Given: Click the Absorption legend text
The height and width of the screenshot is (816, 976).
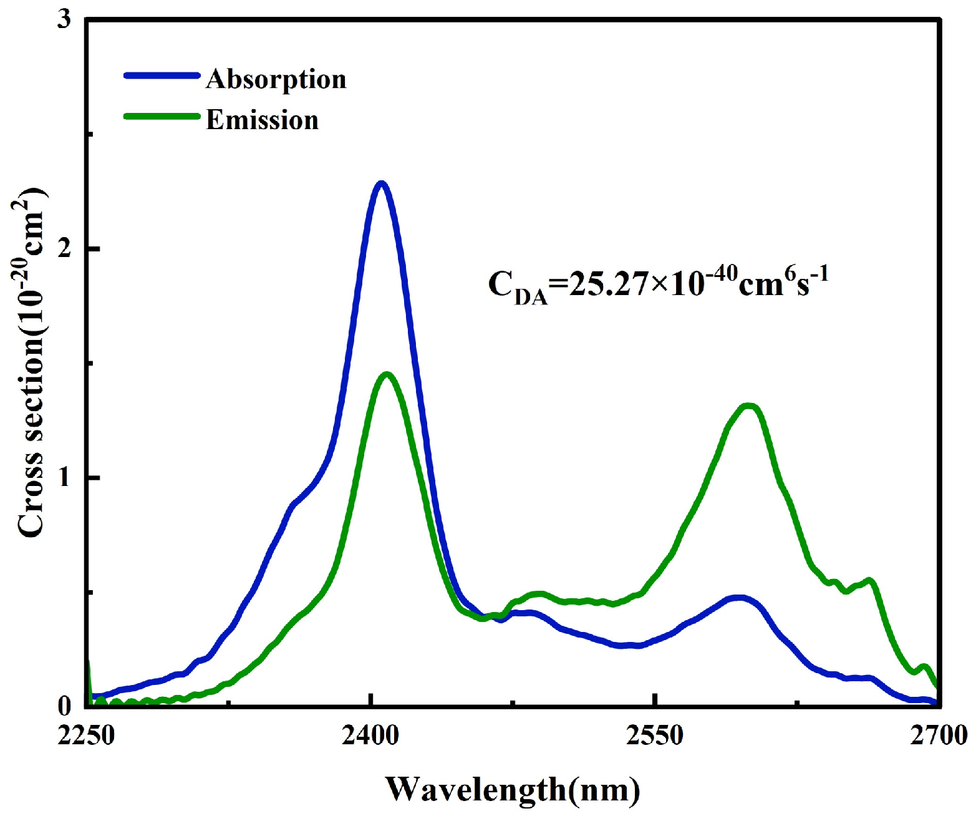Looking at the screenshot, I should pos(276,80).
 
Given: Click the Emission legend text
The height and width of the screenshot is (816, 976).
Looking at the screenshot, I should pos(262,120).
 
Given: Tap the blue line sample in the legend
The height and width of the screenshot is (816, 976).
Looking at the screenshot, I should pos(162,75).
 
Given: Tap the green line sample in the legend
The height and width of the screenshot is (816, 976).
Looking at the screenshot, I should pos(162,116).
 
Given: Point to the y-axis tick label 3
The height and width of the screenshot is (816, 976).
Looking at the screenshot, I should pos(64,20).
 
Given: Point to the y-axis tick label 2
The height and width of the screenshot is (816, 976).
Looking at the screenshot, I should pos(64,249).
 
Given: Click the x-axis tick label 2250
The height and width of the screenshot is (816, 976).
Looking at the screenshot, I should pos(87,736).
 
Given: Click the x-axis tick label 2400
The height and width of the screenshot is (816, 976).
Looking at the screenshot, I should pos(371,736).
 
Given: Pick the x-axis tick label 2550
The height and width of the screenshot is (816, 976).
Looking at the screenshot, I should pos(655,736).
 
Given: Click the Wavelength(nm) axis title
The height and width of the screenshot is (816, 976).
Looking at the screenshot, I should pos(512,789).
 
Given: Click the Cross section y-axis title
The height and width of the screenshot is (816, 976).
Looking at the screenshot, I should pos(31,362).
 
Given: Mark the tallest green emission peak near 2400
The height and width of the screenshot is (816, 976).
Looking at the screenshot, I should pos(387,374).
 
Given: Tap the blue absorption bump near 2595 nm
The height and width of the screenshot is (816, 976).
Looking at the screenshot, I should pos(738,598).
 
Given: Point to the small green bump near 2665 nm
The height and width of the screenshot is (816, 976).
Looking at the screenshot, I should pos(869,581).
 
